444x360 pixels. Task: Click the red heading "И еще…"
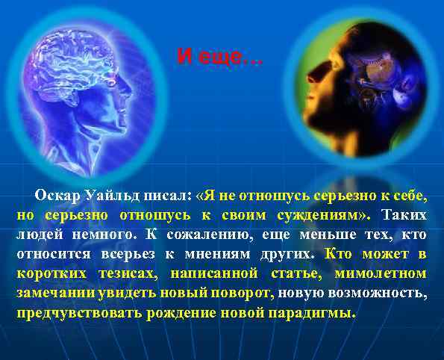point(220,56)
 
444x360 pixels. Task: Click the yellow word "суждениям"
point(328,216)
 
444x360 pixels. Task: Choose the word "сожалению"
point(193,235)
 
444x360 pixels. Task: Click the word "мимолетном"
point(380,274)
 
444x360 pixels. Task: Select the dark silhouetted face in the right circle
point(328,82)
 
